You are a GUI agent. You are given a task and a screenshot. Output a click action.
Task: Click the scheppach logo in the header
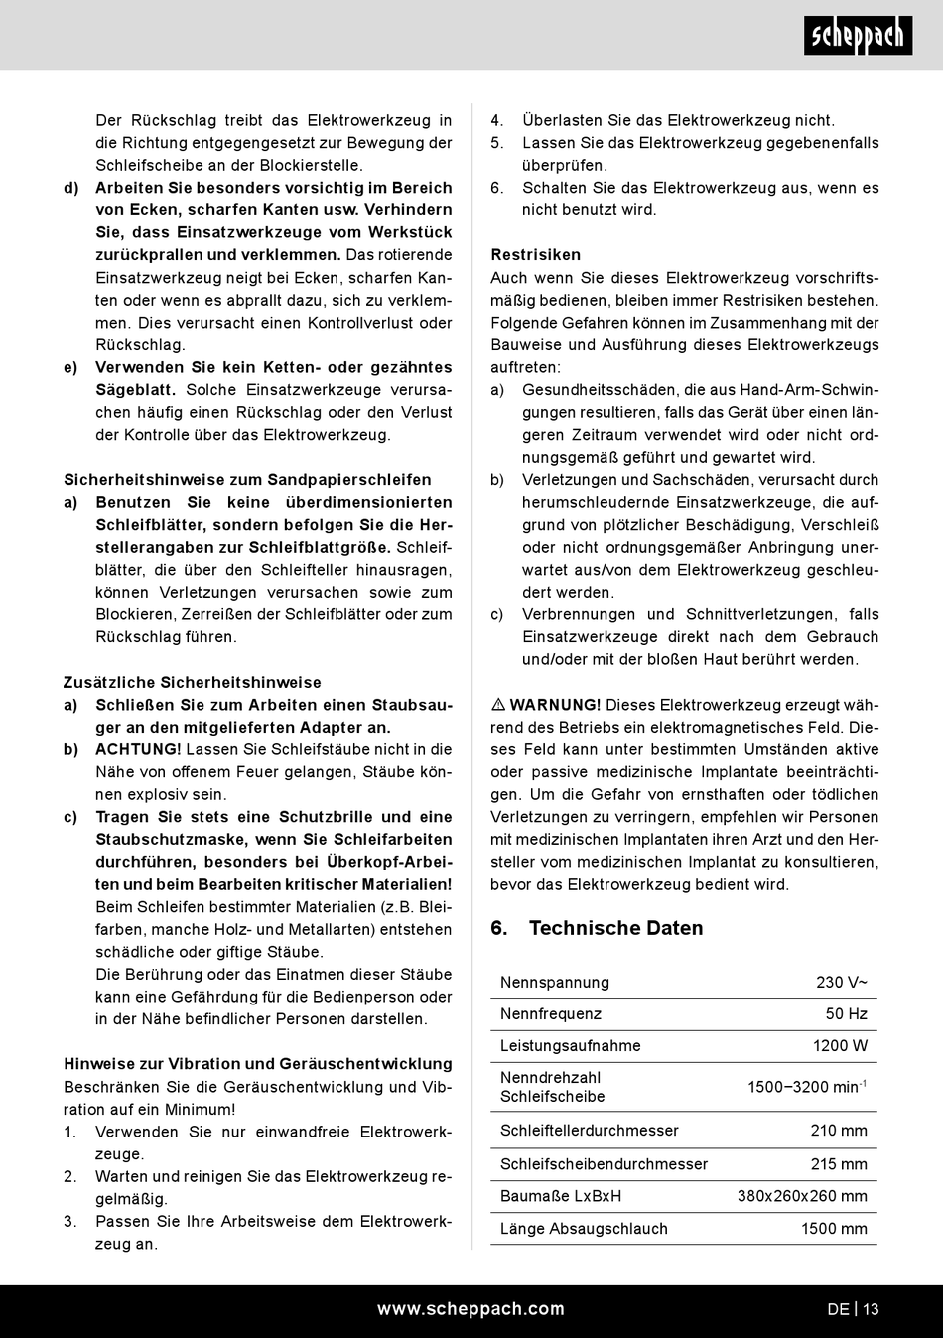858,37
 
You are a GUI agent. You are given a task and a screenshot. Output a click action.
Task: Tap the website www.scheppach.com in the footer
471,1309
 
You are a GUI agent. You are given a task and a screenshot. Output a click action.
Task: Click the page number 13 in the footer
871,1309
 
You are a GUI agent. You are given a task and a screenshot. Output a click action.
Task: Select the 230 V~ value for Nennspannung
842,983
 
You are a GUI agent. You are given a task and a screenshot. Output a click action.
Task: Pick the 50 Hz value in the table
847,1014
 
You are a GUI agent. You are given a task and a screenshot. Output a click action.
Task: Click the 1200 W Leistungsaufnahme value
840,1046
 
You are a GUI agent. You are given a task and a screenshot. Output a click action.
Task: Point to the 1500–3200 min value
806,1087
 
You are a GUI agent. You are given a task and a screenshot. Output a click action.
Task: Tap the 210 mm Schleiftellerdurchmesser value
839,1131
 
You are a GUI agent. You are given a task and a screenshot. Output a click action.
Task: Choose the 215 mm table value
839,1164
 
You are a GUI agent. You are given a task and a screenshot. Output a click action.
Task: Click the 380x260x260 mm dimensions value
802,1197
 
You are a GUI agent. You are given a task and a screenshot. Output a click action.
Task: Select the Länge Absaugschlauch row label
584,1229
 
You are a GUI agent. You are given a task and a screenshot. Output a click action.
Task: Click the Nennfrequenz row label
551,1014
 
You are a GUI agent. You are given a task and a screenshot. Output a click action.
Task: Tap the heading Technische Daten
615,929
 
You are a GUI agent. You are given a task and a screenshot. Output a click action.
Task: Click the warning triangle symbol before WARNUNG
498,705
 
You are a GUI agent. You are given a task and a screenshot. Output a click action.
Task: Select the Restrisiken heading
536,255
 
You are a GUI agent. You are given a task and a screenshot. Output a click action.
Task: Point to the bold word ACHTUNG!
138,750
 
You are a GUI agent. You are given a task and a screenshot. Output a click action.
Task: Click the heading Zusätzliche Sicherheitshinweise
193,683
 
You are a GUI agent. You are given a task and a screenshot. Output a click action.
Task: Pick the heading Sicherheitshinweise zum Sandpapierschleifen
247,480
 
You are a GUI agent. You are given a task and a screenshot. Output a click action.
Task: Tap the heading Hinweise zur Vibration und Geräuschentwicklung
258,1064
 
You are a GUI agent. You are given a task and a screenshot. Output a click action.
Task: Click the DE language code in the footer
838,1309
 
